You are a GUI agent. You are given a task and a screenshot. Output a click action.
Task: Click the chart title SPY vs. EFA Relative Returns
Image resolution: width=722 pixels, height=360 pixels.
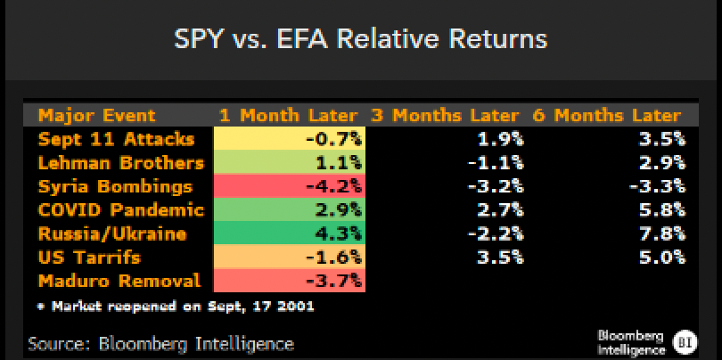(360, 40)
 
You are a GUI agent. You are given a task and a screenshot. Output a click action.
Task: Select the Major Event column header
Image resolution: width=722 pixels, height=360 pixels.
(96, 115)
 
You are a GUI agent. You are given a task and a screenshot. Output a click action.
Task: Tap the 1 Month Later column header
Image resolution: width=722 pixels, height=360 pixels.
(289, 115)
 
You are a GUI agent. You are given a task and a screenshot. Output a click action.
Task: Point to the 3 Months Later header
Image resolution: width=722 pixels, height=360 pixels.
(443, 115)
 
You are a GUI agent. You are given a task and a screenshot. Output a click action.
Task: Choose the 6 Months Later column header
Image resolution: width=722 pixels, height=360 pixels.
(606, 115)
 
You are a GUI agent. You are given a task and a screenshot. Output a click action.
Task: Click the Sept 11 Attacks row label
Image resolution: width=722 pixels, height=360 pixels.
(115, 139)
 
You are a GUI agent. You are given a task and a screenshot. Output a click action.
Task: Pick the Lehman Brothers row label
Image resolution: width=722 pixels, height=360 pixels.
(120, 163)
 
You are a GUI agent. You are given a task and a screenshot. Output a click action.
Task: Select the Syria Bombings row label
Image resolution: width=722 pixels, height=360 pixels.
(115, 187)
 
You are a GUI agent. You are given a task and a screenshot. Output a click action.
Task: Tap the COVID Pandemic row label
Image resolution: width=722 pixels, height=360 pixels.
(120, 211)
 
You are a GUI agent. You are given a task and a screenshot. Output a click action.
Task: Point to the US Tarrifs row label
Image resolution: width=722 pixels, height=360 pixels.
(90, 258)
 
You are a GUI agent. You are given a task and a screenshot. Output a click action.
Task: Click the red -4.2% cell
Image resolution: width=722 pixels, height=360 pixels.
(290, 187)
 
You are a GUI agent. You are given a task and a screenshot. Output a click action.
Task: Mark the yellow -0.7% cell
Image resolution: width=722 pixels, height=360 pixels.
(290, 139)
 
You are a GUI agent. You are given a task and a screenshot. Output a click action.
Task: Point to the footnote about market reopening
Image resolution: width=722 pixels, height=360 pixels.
(175, 307)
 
